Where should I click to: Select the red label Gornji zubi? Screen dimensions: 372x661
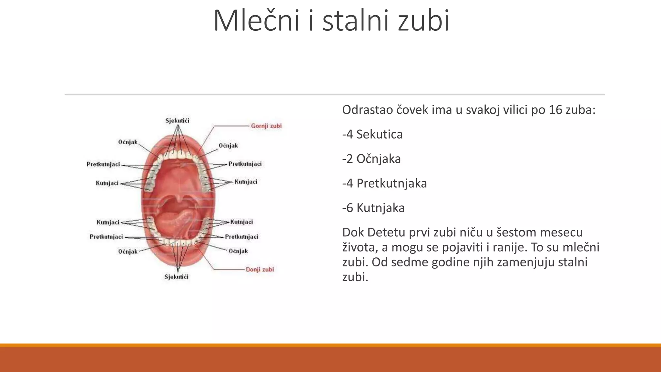(x=266, y=126)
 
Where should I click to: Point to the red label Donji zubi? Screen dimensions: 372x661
(x=260, y=269)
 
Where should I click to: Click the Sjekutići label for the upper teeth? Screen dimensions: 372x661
(x=177, y=121)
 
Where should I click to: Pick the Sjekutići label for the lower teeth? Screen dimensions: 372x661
(x=176, y=277)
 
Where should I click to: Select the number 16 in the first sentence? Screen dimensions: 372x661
(x=555, y=110)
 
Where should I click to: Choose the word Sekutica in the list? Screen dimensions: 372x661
(x=379, y=134)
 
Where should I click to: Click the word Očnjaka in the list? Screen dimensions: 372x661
(x=379, y=159)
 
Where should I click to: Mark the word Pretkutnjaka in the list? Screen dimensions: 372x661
(x=392, y=183)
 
